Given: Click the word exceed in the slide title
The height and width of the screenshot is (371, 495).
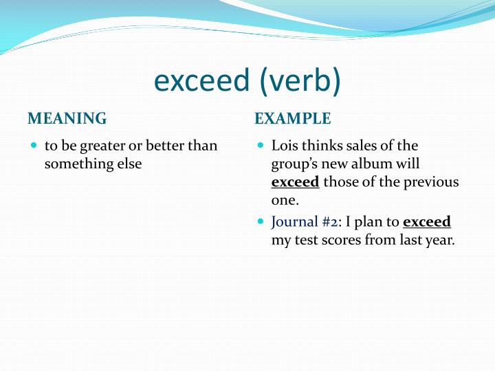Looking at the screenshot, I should point(201,80).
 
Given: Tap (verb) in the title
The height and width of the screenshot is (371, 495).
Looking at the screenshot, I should point(299,80).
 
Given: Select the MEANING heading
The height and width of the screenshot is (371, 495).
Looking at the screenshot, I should point(67,119).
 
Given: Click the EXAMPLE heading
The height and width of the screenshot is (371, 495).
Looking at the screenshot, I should point(293,119).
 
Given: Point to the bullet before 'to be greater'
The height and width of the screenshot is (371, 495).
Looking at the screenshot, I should point(34,146).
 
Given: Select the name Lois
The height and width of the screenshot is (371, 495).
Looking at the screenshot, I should point(285,146).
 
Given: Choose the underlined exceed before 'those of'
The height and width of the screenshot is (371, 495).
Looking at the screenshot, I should point(295,182).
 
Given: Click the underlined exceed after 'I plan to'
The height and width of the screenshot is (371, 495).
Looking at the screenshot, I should point(426,222).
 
